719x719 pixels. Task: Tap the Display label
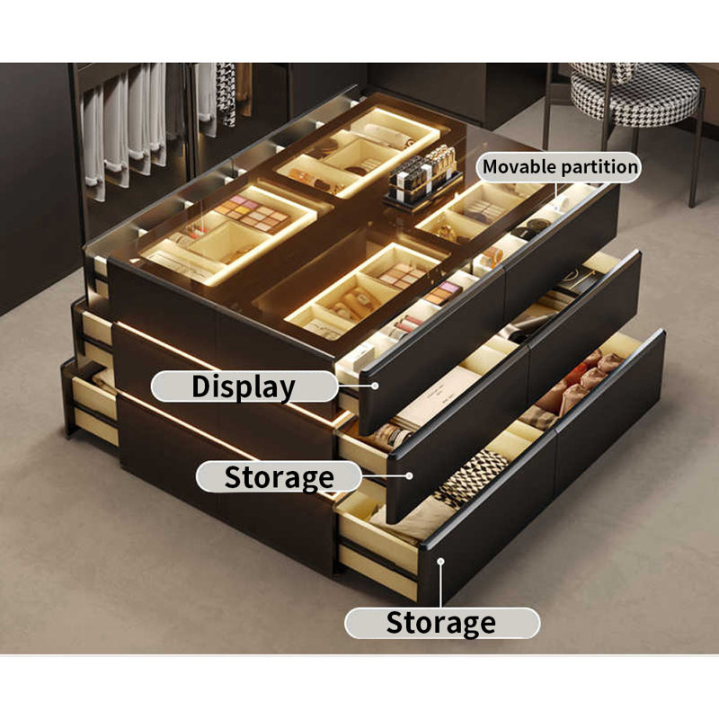[x=243, y=387]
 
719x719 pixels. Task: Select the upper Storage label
[x=279, y=477]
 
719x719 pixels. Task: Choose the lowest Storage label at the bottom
[x=440, y=623]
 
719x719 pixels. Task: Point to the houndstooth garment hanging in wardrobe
[x=226, y=94]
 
